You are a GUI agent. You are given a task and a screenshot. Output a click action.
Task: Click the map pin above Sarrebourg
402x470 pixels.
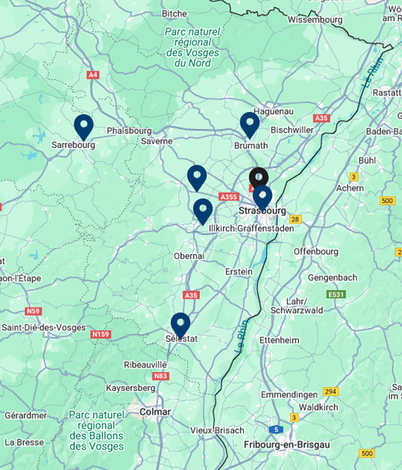pos(83,126)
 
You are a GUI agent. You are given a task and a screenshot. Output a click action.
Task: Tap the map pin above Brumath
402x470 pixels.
pos(249,125)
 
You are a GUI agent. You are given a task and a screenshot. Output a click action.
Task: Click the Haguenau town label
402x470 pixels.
pos(273,111)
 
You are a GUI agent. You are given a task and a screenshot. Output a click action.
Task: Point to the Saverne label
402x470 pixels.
pos(157,141)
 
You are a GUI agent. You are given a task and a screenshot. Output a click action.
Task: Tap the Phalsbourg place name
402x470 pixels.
pos(124,130)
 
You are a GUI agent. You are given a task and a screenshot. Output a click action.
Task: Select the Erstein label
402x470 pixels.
pos(239,271)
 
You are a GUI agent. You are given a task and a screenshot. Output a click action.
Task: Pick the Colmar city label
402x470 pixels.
pos(154,412)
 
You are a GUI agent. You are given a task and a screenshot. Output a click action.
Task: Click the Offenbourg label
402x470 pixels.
pos(316,251)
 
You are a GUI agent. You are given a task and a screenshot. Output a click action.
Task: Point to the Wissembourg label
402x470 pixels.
pos(315,20)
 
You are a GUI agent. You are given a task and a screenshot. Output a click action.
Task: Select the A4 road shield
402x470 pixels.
pos(94,75)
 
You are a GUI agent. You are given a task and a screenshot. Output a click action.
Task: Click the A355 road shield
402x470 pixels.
pos(228,197)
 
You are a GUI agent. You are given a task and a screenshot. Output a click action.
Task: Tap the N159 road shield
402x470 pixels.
pos(100,334)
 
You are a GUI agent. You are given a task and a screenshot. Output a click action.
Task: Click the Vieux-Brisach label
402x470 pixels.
pos(216,430)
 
